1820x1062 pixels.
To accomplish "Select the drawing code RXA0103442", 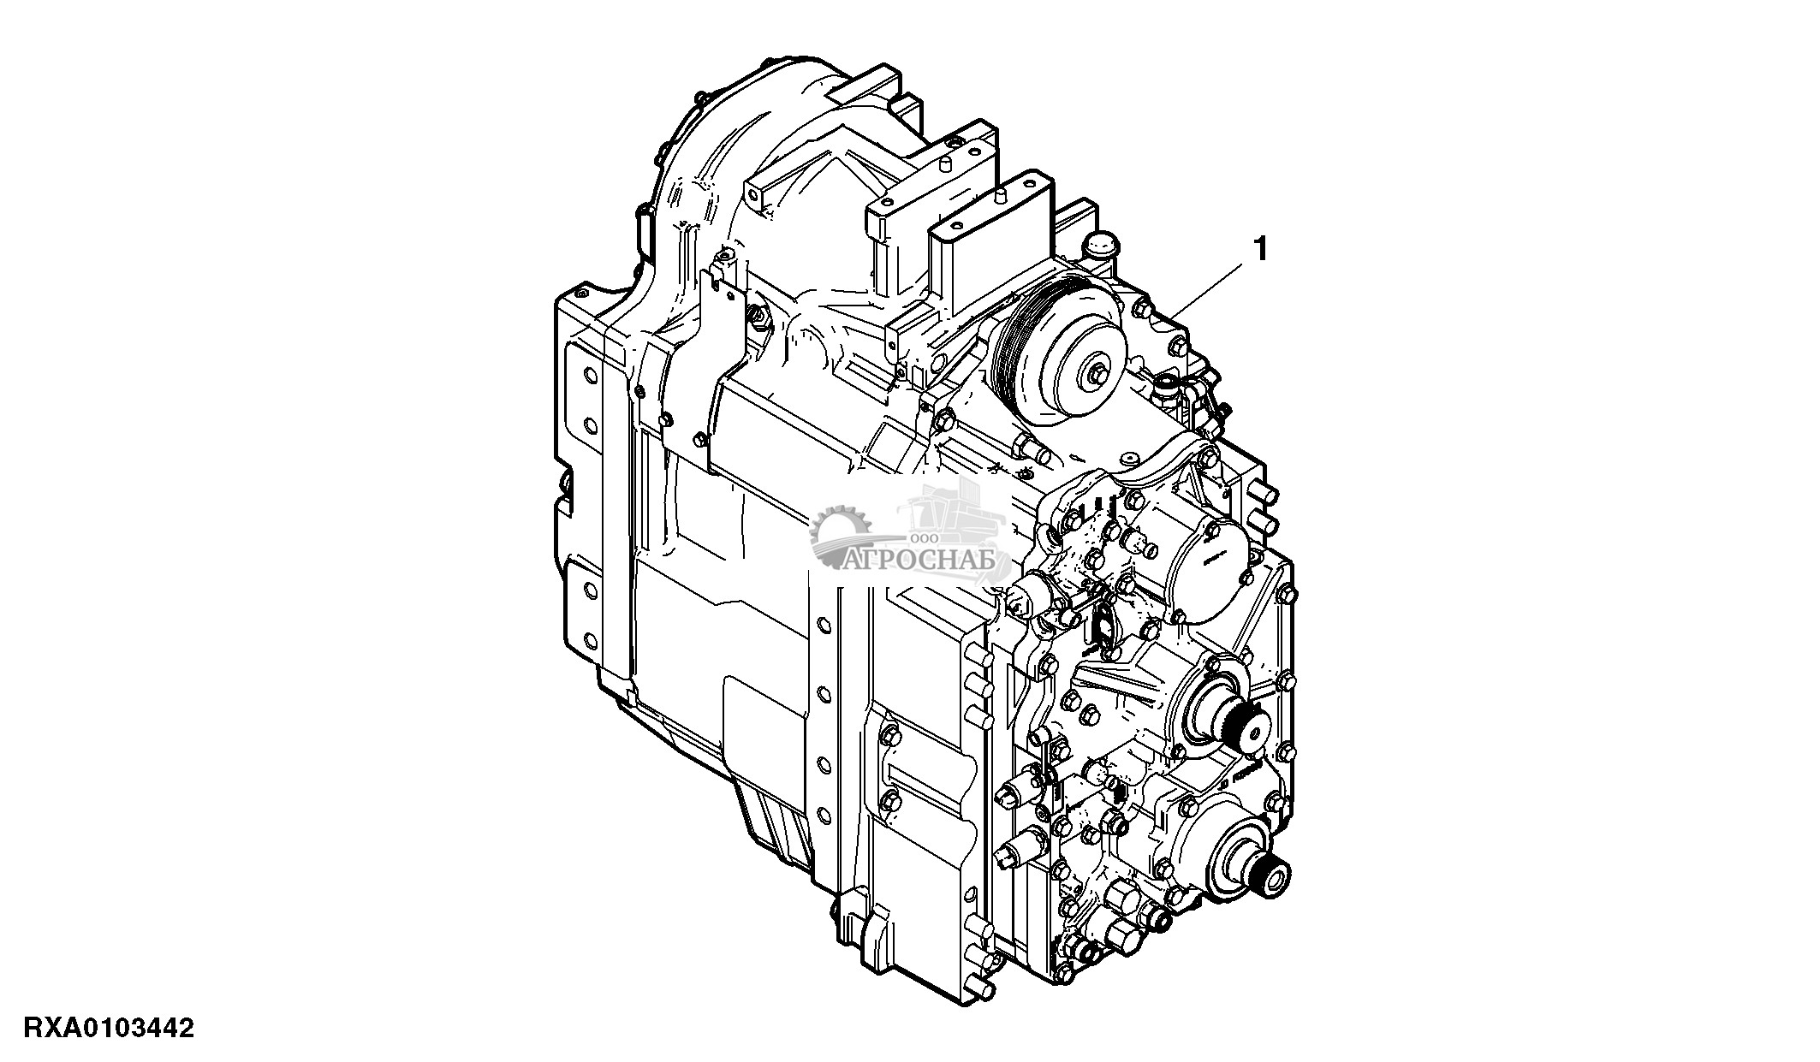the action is click(108, 1028).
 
